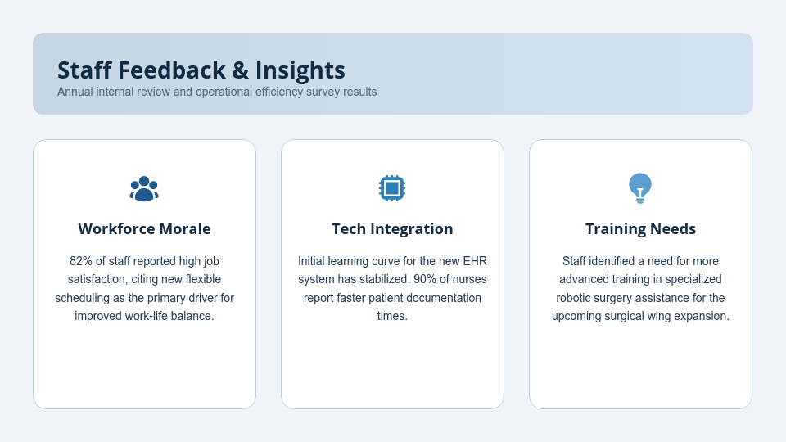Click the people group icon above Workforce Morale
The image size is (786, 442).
click(144, 188)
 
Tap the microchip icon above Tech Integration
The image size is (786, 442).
click(392, 188)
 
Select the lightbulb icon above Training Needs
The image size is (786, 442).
click(640, 188)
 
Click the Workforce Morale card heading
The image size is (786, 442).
click(144, 229)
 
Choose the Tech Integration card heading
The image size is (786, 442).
click(392, 229)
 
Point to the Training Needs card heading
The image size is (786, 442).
click(640, 229)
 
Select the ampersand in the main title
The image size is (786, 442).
click(241, 70)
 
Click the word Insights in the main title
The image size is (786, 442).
click(300, 70)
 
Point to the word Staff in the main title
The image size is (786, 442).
click(84, 70)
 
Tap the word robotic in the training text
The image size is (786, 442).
click(573, 298)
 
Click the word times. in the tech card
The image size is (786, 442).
click(392, 316)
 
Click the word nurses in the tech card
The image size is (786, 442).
click(470, 279)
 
